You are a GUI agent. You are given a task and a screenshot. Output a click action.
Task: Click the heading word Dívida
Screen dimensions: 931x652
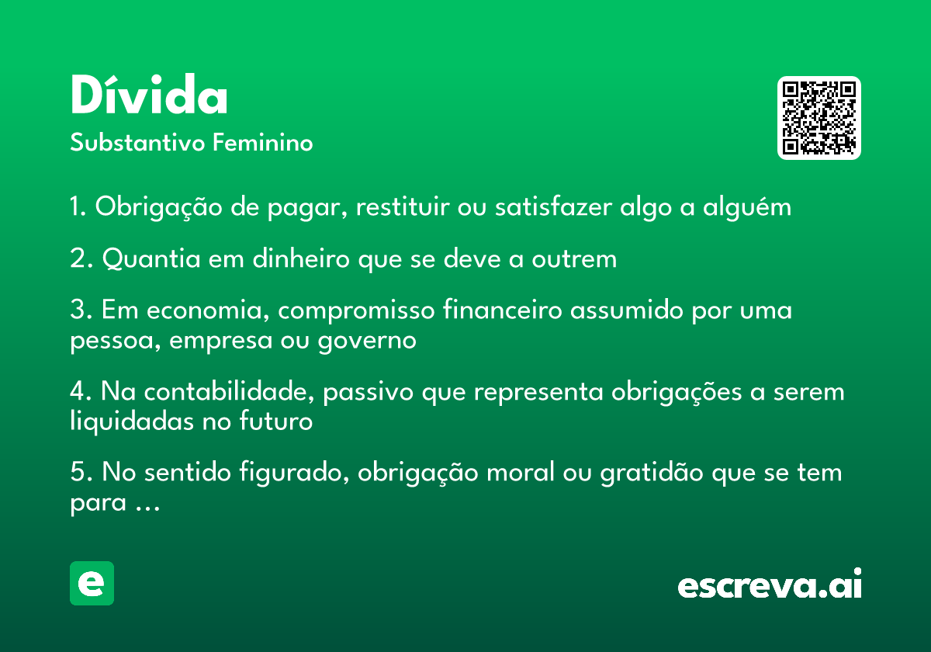point(149,94)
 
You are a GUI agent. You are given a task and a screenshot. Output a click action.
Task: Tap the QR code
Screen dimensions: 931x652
point(819,118)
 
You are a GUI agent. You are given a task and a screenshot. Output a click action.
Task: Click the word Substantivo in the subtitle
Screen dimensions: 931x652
point(137,142)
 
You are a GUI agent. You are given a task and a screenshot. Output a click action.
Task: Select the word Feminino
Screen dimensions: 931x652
point(263,142)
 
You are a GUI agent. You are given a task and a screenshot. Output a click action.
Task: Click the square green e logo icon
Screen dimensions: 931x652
point(92,583)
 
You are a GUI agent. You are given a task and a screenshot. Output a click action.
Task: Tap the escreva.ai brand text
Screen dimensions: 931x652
point(770,584)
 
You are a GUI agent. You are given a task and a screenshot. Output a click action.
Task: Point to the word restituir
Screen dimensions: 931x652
point(403,206)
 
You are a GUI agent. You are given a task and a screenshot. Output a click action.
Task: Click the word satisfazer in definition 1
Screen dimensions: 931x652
point(553,206)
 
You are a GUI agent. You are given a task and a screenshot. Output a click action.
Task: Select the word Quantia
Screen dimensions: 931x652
point(151,259)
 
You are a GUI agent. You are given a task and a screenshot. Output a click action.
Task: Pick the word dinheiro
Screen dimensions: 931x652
point(301,258)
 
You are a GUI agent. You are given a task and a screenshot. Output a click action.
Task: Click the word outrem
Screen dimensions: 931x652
point(574,259)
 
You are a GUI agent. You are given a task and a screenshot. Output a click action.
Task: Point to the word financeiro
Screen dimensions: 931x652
point(502,310)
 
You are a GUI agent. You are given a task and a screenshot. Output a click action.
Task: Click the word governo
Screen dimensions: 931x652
point(368,342)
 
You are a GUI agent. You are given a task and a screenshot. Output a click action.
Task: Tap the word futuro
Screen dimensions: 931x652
point(276,421)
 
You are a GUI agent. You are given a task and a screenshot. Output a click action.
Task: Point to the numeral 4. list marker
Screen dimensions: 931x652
point(81,392)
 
